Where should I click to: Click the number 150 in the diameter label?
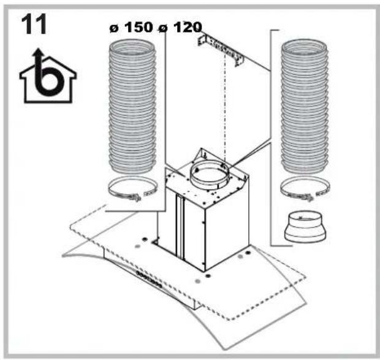point(139,29)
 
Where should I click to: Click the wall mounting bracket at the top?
point(220,49)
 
